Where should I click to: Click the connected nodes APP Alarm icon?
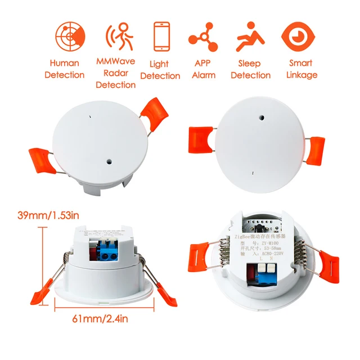pyautogui.click(x=204, y=37)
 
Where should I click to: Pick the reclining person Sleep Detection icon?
pyautogui.click(x=250, y=37)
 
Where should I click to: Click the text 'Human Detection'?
pyautogui.click(x=65, y=69)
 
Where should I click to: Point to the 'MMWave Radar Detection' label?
pyautogui.click(x=115, y=73)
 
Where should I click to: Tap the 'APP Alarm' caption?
pyautogui.click(x=204, y=69)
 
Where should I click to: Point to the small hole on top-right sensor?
pyautogui.click(x=261, y=119)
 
